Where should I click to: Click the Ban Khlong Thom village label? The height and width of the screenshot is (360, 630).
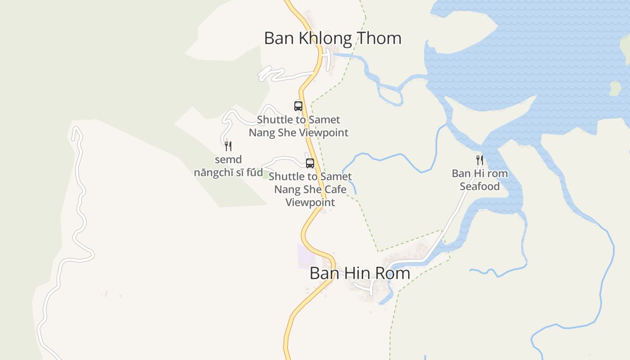tap(333, 38)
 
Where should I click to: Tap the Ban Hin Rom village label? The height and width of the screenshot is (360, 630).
tap(360, 273)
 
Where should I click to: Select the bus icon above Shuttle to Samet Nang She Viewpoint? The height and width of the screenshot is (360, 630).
tap(298, 106)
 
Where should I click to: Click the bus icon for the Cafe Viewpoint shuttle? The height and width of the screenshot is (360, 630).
tap(310, 163)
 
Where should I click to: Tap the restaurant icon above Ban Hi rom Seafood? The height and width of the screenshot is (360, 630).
tap(480, 160)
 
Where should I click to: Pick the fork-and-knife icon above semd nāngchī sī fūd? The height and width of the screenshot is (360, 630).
tap(228, 146)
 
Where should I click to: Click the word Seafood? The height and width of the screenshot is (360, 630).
tap(480, 186)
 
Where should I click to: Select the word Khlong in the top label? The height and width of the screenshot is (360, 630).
tap(319, 38)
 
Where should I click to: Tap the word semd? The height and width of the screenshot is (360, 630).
tap(228, 160)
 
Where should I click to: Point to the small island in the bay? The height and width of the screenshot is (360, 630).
tap(615, 88)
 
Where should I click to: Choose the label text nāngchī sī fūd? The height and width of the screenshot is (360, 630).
tap(228, 172)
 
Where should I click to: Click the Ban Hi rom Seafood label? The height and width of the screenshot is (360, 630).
tap(480, 180)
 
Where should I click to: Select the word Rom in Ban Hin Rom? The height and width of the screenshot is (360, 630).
tap(393, 273)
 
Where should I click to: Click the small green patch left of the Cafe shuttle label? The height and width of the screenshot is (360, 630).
tap(265, 174)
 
